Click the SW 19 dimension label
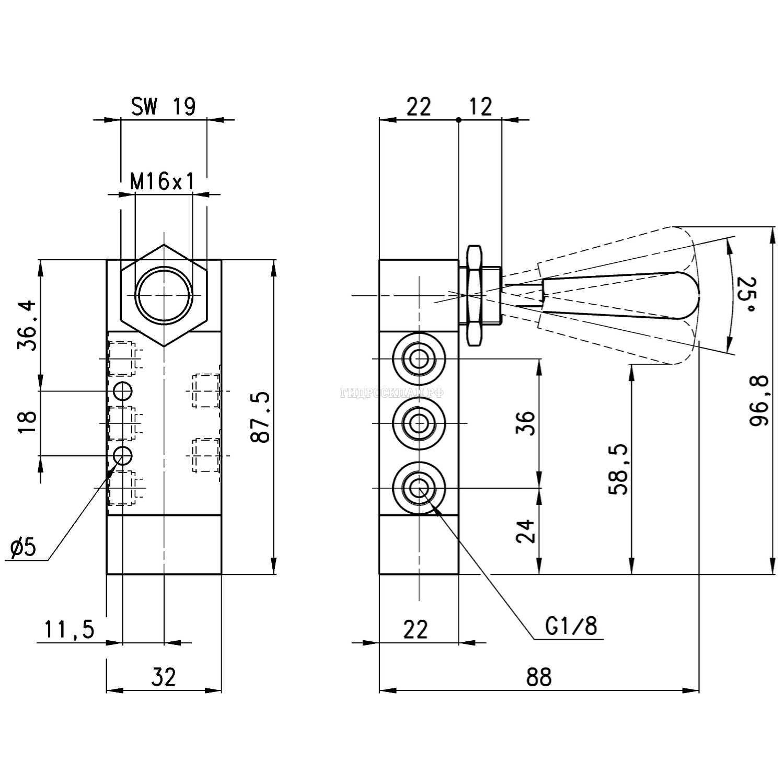163,107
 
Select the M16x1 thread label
162,182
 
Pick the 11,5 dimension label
69,629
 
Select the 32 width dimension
164,677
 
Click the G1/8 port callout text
571,626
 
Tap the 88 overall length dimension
539,677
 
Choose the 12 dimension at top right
480,107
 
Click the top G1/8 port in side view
418,359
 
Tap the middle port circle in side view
418,423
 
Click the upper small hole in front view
123,390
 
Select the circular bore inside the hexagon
164,295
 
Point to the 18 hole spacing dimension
27,422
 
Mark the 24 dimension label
526,531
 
